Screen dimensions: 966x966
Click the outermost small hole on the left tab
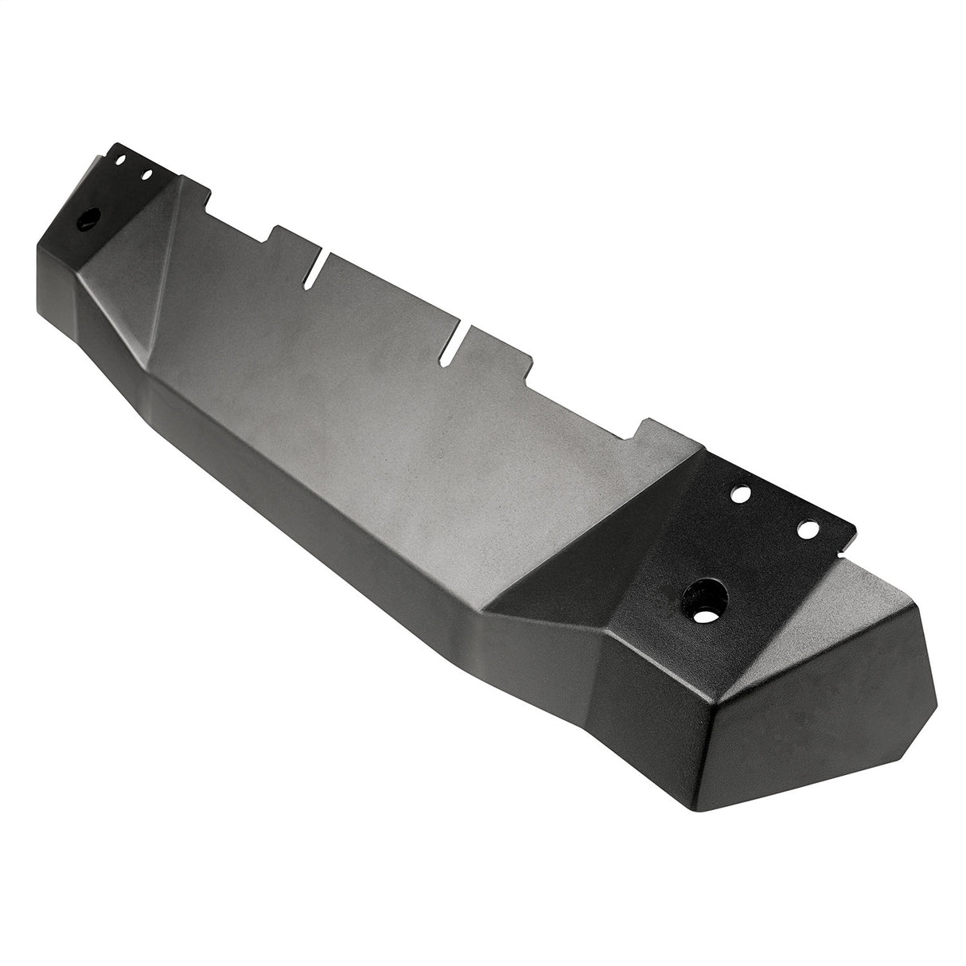pyautogui.click(x=122, y=160)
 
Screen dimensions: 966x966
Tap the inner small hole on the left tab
pyautogui.click(x=146, y=173)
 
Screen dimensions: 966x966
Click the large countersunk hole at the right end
pyautogui.click(x=703, y=592)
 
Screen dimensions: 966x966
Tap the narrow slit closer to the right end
pyautogui.click(x=457, y=339)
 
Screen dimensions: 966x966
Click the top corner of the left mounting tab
pyautogui.click(x=116, y=144)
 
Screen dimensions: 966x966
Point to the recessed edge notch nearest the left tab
pyautogui.click(x=239, y=215)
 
